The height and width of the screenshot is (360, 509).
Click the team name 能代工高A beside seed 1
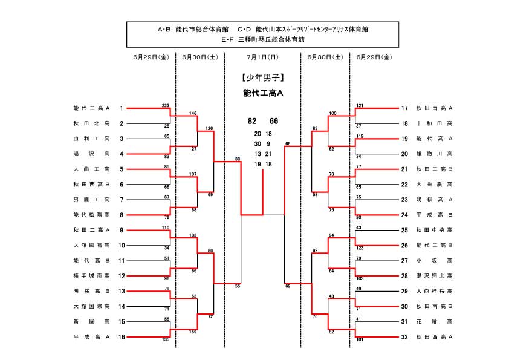click(91, 108)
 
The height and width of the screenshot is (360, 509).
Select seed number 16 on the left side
click(122, 337)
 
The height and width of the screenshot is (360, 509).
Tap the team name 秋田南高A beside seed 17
click(434, 108)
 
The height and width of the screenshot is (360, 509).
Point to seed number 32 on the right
click(404, 337)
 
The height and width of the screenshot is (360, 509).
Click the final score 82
click(252, 121)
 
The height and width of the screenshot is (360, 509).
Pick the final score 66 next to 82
click(274, 121)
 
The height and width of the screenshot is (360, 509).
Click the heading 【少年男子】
click(262, 77)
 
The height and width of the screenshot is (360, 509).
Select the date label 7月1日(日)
click(262, 57)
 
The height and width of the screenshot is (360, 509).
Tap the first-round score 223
click(165, 105)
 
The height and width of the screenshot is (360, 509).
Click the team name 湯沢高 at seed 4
click(91, 154)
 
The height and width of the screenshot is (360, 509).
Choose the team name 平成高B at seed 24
click(434, 215)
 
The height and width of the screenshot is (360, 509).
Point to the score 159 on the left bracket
click(193, 332)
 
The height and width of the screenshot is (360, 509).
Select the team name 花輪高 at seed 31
click(434, 322)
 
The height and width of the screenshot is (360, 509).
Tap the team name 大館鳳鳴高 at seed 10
click(91, 246)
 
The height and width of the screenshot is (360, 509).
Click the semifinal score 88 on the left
click(238, 159)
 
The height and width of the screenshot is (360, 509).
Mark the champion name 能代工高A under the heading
click(262, 93)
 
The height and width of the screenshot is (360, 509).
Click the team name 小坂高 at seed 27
click(434, 261)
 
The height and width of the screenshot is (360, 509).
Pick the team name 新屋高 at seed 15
click(91, 322)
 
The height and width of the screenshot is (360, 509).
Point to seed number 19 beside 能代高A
click(404, 139)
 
